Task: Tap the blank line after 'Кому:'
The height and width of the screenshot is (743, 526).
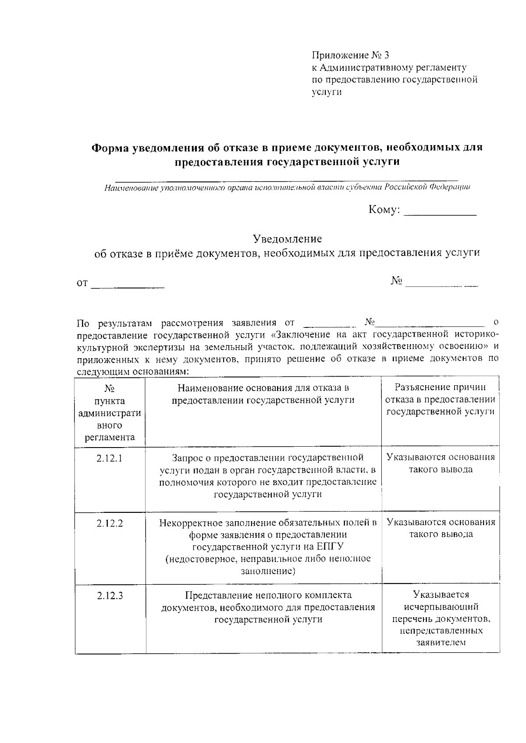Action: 440,213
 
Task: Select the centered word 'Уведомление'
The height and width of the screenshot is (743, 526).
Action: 287,239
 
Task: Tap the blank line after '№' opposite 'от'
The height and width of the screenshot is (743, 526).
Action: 441,285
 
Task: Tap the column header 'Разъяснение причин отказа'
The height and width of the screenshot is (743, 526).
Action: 440,399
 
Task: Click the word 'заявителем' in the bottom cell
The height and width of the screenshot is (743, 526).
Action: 441,643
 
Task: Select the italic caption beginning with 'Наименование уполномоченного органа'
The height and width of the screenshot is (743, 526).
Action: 287,188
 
